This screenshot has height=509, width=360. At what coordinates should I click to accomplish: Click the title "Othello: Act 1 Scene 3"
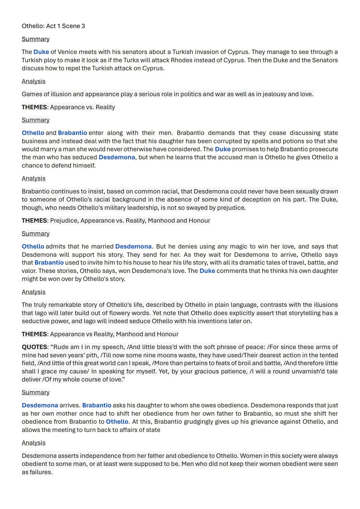[53, 26]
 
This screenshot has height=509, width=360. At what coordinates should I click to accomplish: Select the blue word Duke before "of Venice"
[41, 52]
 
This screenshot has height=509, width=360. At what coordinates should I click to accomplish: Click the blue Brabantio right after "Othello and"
[72, 133]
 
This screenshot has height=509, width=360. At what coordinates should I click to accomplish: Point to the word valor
[29, 271]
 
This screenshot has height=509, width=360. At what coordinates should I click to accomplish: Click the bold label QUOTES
[34, 347]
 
